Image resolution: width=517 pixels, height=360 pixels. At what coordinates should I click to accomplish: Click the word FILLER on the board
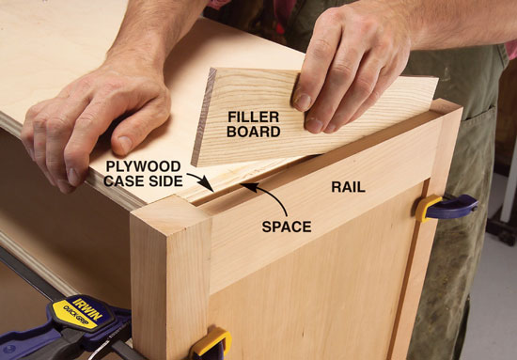253,117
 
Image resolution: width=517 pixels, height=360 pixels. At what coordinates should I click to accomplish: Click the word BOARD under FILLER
253,132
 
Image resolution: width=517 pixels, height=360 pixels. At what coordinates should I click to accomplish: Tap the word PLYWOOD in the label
143,166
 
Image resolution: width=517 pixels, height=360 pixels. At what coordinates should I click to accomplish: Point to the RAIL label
348,187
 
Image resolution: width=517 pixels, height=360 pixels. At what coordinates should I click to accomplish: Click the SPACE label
287,227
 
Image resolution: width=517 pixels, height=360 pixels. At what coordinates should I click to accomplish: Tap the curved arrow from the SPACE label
269,195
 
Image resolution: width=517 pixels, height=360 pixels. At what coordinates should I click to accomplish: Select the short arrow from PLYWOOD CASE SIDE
201,180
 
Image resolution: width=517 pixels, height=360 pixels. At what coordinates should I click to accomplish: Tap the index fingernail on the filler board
303,102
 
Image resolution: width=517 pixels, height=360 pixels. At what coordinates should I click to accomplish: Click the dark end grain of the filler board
203,117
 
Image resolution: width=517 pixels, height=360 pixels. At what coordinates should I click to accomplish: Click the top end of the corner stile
171,209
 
